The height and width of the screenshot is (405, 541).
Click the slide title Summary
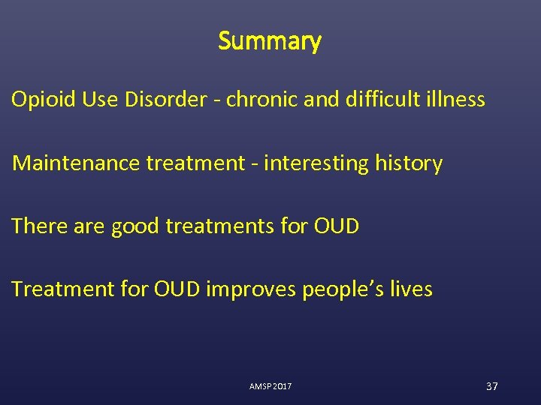pos(270,41)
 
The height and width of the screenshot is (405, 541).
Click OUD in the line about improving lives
pos(177,289)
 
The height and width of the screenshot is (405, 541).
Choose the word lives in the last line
pos(412,289)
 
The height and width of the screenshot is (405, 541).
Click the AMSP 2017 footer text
pos(270,386)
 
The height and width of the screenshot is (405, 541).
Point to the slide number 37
pos(492,386)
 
